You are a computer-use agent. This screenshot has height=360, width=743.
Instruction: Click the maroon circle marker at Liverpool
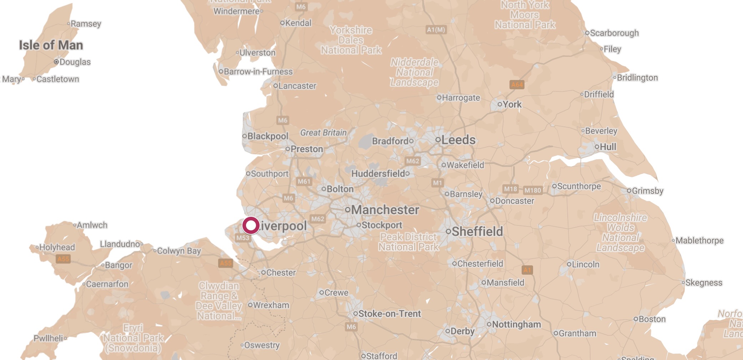click(x=251, y=226)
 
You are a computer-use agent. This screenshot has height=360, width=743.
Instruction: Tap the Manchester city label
click(x=385, y=210)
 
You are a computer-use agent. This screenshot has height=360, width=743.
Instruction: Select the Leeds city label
click(x=458, y=140)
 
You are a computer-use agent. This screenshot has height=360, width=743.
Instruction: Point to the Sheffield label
click(x=477, y=231)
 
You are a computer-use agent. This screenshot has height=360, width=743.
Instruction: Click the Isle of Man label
click(x=51, y=45)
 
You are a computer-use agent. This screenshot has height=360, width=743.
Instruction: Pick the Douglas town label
click(x=75, y=62)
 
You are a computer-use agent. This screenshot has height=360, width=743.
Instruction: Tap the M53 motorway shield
click(x=243, y=238)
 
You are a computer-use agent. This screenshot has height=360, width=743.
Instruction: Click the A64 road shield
click(x=517, y=85)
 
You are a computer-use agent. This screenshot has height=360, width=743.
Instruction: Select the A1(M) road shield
click(x=436, y=30)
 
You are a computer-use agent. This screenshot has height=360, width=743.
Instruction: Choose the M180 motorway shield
click(x=533, y=190)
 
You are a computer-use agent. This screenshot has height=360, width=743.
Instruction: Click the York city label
click(x=512, y=104)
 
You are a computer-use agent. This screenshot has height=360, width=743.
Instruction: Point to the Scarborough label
click(x=614, y=33)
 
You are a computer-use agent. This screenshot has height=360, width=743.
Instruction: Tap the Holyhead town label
click(x=57, y=247)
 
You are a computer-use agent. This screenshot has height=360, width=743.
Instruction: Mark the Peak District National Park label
click(x=408, y=242)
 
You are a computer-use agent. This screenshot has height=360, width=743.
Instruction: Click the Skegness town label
click(x=704, y=282)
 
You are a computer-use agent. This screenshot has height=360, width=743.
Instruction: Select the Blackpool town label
click(x=268, y=136)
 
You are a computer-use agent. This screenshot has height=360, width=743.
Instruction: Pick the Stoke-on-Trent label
click(x=390, y=314)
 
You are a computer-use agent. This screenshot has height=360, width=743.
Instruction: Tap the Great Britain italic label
click(x=323, y=132)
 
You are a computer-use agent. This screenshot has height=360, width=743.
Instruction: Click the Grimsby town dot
click(x=629, y=191)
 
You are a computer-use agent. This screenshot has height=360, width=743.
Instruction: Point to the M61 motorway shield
click(x=304, y=181)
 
